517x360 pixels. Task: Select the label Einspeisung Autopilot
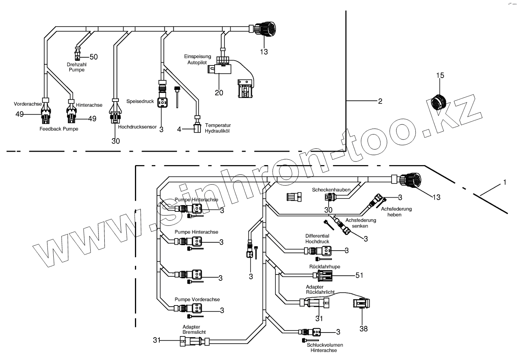(198, 60)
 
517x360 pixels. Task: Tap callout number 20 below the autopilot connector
(219, 93)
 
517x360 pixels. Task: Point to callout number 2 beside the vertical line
(380, 101)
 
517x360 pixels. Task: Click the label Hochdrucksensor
(137, 127)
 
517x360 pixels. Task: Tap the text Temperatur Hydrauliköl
(217, 128)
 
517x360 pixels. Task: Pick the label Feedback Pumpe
(59, 129)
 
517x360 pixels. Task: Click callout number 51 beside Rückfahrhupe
(359, 275)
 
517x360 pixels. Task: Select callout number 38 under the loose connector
(364, 329)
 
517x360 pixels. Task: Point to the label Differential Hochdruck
(317, 239)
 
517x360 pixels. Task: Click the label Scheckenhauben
(331, 190)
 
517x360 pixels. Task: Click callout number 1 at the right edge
(505, 182)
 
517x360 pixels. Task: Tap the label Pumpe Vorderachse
(197, 299)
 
